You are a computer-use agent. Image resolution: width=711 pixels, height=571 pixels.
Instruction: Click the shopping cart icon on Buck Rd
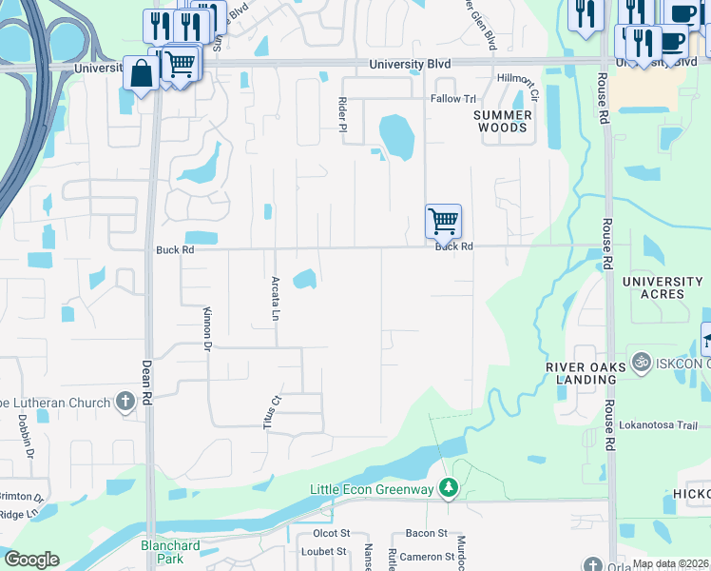pos(444,222)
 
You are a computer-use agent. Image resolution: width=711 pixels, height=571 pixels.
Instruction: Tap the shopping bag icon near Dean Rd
pos(141,74)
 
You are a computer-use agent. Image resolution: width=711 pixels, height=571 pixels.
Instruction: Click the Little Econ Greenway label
pos(373,489)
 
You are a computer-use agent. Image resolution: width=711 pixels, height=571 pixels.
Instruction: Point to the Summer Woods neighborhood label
pos(502,121)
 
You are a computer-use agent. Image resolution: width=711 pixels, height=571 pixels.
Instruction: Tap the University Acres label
pos(662,287)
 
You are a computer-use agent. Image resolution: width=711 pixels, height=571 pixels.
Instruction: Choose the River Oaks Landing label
pos(586,373)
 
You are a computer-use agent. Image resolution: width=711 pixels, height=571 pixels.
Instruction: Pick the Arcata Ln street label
pos(276,297)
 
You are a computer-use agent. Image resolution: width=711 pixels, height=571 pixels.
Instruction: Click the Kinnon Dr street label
pos(206,329)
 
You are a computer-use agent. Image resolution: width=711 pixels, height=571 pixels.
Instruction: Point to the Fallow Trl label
pos(453,99)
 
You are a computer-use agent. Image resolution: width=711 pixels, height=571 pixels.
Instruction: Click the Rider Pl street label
pos(343,113)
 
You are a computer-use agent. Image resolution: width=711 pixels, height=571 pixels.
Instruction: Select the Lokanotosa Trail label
pos(658,425)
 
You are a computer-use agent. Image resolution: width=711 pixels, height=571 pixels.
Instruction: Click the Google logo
pos(31,560)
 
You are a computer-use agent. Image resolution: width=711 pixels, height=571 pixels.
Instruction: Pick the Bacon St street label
pos(425,533)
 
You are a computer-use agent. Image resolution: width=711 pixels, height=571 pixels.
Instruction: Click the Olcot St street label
pos(332,533)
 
